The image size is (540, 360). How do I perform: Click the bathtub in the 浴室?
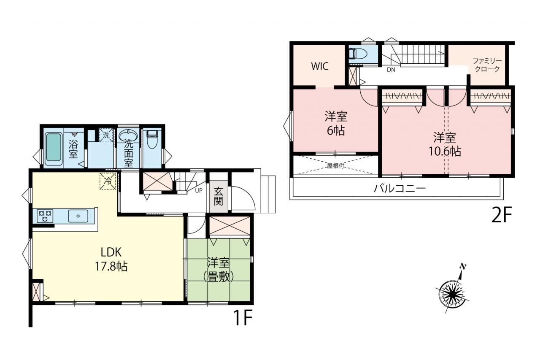coord(53,147)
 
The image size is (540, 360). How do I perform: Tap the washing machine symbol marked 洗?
coord(106,135)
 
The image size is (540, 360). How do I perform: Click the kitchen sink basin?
coord(78,216)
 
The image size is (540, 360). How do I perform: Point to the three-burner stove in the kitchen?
coord(45,216)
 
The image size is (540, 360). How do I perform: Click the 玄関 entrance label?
coord(218,197)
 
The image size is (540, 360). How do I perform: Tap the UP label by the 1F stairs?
coord(199,191)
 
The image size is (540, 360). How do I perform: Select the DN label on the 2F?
coord(391,70)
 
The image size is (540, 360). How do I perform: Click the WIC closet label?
coord(320,66)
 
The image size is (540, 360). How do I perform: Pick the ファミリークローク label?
coord(487,65)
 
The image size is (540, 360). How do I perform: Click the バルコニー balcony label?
coord(400,189)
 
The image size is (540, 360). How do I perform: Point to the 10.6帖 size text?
coord(445,152)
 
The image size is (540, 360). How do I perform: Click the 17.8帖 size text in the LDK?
coord(111,266)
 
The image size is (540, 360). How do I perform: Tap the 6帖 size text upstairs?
coord(336,131)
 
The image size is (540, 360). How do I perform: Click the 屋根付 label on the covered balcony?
coord(335,166)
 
